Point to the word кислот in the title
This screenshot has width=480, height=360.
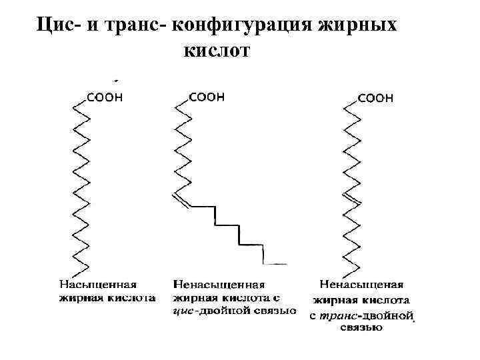[213, 51]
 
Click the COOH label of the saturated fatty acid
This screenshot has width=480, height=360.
[105, 97]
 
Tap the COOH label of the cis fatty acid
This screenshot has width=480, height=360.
[207, 97]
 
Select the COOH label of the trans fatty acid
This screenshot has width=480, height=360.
[375, 98]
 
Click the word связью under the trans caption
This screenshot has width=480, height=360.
[361, 327]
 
